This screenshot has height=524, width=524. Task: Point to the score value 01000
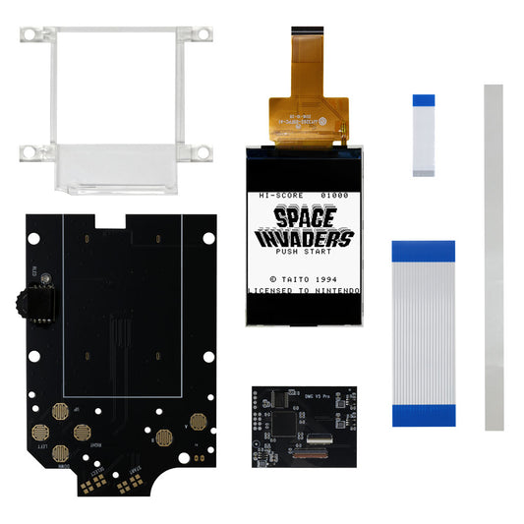point(331,197)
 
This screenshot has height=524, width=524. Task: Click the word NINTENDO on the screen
point(335,292)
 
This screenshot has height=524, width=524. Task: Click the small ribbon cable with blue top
point(424,136)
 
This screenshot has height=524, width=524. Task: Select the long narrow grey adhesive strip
point(494,256)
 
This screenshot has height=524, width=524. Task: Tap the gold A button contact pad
point(197,421)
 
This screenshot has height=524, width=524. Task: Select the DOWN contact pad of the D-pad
point(60,454)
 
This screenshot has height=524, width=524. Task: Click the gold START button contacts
point(126,484)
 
